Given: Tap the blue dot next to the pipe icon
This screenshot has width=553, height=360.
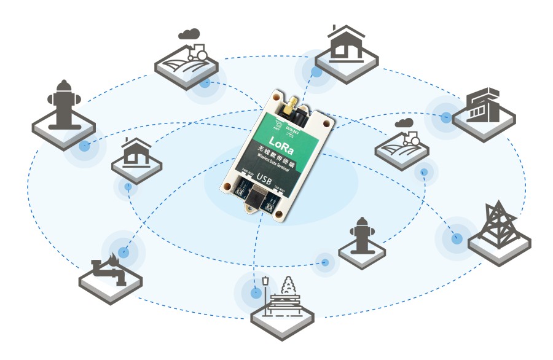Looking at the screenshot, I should [124, 252].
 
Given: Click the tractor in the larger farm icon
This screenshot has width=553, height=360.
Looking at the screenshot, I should [198, 52].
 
